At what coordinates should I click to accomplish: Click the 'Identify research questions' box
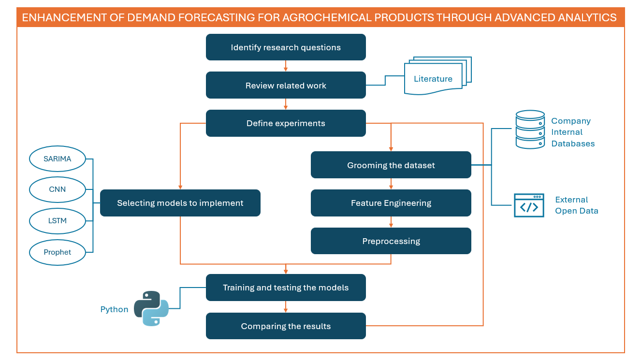(286, 47)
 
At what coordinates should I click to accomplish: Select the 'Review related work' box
(286, 86)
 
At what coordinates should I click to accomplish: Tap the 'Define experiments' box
(286, 123)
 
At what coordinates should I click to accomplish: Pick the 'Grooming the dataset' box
(391, 165)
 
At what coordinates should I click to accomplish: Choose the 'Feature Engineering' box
(391, 203)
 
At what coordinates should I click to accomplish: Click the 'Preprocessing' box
(391, 241)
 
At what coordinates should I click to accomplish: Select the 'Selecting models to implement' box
(180, 203)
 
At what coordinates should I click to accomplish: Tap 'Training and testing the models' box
(286, 288)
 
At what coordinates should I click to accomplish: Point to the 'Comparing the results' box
(286, 326)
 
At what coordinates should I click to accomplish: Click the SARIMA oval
(58, 159)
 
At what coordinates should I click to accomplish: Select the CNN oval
(58, 190)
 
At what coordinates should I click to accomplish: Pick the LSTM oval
(58, 221)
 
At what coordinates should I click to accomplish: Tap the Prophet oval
(58, 252)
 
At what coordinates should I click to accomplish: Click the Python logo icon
(151, 308)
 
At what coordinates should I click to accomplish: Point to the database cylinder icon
(530, 130)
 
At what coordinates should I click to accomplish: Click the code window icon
(529, 205)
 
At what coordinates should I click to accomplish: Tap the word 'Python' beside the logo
(114, 309)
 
